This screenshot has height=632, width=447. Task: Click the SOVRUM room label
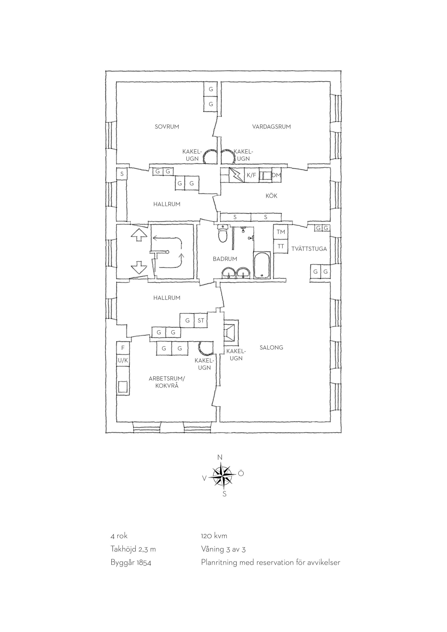coord(167,127)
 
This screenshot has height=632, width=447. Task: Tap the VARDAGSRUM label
coord(271,127)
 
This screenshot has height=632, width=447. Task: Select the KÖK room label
coord(271,196)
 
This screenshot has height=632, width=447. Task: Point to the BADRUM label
coord(225,259)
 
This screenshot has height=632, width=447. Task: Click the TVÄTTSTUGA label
coord(309,249)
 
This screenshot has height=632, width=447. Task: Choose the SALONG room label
coord(271,348)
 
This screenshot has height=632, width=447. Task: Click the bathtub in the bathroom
coord(262,265)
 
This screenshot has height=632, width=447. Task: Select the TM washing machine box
coord(281,232)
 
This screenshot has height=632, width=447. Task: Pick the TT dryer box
coord(281,246)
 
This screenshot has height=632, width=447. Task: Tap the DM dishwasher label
coord(276,175)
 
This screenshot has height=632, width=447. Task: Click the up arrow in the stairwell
coord(139,235)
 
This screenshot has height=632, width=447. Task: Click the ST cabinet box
coord(201,320)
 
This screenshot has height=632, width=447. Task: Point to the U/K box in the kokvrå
coord(123,360)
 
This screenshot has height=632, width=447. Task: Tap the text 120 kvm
coord(214,536)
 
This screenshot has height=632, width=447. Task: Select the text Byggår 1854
coord(131,562)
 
